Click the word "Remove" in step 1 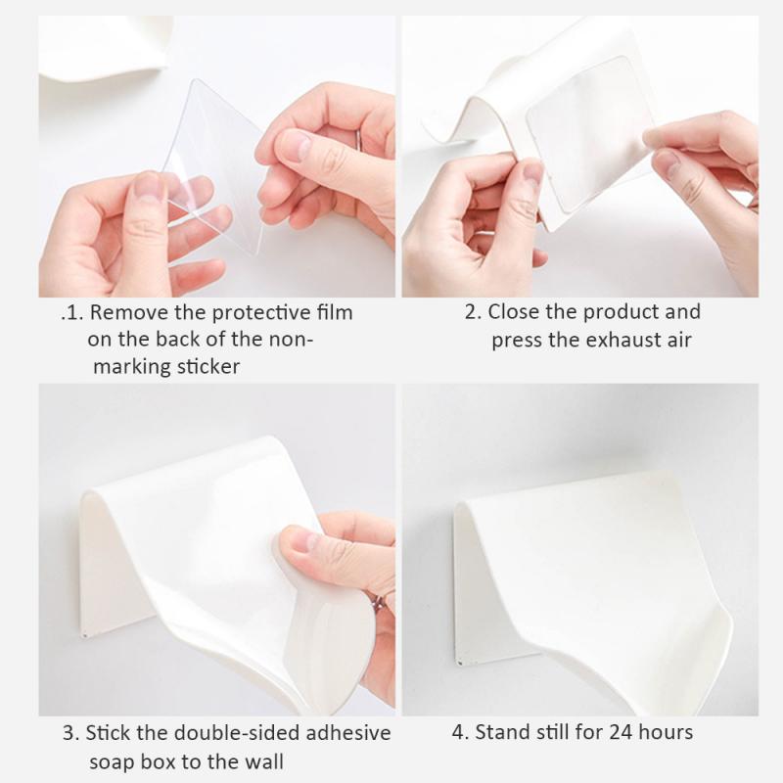tap(124, 313)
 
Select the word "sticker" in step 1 tap(202, 367)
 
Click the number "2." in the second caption tap(473, 312)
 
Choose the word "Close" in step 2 tap(515, 312)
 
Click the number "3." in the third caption tap(70, 732)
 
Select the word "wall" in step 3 tap(266, 760)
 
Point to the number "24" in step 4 tap(621, 732)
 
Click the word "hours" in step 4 tap(667, 732)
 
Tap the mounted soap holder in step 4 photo tap(587, 577)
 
